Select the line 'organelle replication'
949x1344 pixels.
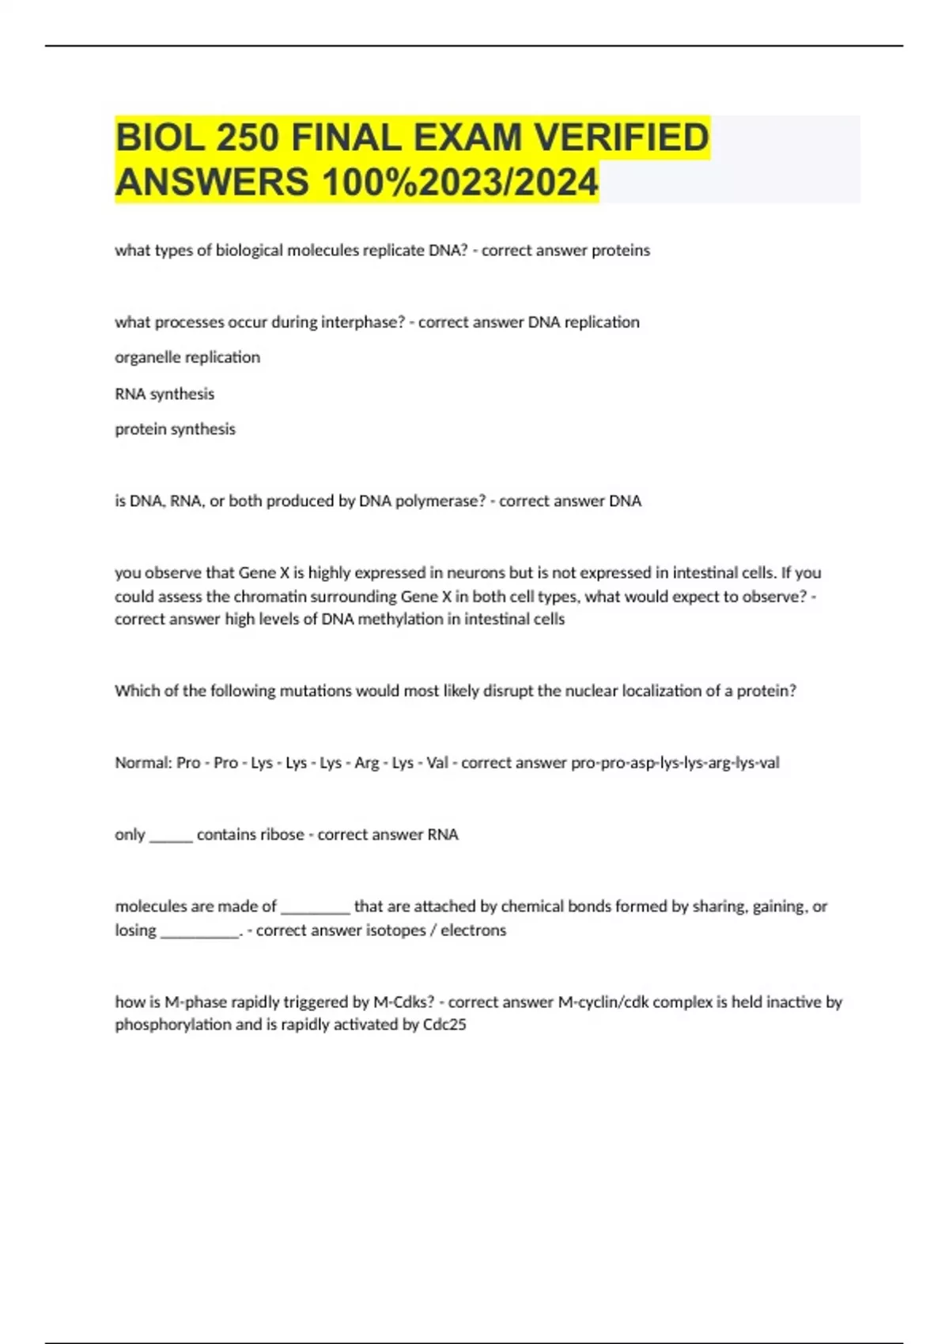pos(187,357)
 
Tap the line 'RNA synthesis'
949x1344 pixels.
pos(164,394)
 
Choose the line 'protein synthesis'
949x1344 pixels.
pos(175,429)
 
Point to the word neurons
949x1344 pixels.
pos(478,573)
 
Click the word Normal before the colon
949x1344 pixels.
pos(142,763)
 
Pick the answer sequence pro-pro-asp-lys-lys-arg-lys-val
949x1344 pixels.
pos(675,763)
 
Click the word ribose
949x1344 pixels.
pos(282,835)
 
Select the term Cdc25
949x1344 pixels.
pos(444,1025)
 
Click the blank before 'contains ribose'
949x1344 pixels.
pos(171,836)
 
